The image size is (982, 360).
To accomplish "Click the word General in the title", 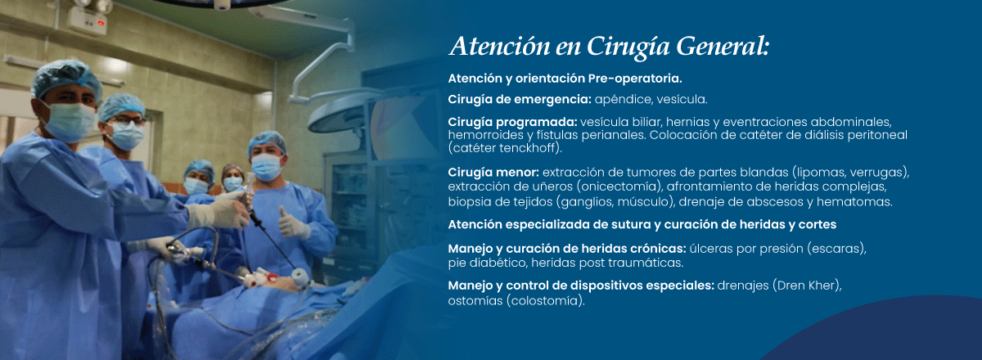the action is click(723, 46).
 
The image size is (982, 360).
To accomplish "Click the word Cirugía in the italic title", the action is click(628, 47).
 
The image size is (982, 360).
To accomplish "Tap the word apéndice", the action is click(623, 100).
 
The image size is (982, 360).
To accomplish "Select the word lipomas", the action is click(821, 173).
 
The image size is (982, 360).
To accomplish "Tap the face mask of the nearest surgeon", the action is click(70, 122).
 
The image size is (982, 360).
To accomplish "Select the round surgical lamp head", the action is click(337, 115).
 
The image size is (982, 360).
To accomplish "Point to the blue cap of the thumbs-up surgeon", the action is click(266, 142).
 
